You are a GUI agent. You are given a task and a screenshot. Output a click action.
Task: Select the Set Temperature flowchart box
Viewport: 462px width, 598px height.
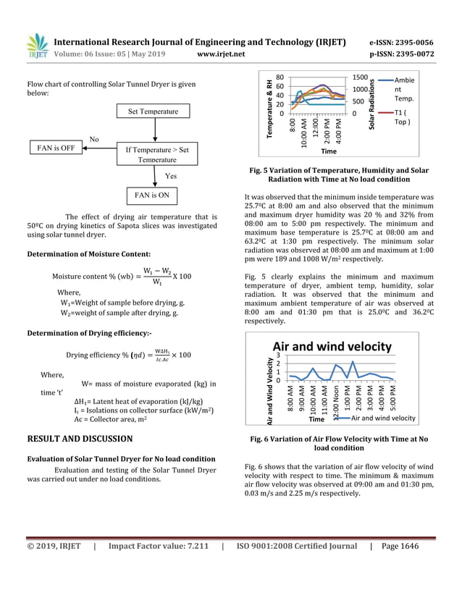(153, 111)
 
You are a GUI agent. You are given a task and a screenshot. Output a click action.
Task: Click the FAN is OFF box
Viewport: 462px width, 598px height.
(56, 148)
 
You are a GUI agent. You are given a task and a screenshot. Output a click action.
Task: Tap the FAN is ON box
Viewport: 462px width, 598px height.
(153, 195)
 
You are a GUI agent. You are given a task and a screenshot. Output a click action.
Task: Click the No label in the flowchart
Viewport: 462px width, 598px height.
(94, 138)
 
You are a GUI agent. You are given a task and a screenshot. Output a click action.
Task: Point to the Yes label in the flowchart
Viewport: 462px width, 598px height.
(171, 176)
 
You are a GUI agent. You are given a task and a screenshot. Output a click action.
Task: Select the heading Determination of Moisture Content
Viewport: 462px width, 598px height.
(88, 254)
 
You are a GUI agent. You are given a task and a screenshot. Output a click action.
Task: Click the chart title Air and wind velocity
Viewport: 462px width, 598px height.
(332, 346)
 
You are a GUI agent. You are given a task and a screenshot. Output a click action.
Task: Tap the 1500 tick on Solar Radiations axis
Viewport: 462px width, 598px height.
(361, 77)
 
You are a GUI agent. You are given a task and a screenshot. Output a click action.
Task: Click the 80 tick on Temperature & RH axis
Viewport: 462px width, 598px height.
(280, 77)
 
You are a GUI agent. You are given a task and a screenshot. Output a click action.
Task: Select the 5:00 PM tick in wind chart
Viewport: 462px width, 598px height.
(392, 397)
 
